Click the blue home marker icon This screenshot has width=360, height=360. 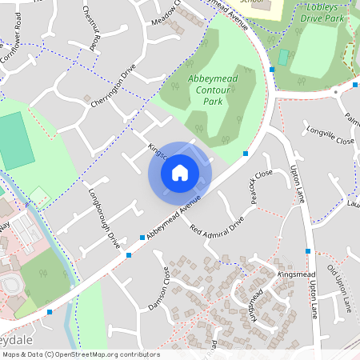coord(180,172)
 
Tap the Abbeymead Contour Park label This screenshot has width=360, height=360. coord(212,90)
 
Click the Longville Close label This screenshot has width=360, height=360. coord(328,140)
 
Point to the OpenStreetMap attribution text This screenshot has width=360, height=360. coord(80,354)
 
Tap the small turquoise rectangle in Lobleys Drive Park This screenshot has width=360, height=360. coord(283,58)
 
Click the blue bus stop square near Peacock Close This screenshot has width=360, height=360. coord(246,154)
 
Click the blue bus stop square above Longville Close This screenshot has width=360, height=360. coord(273,70)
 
